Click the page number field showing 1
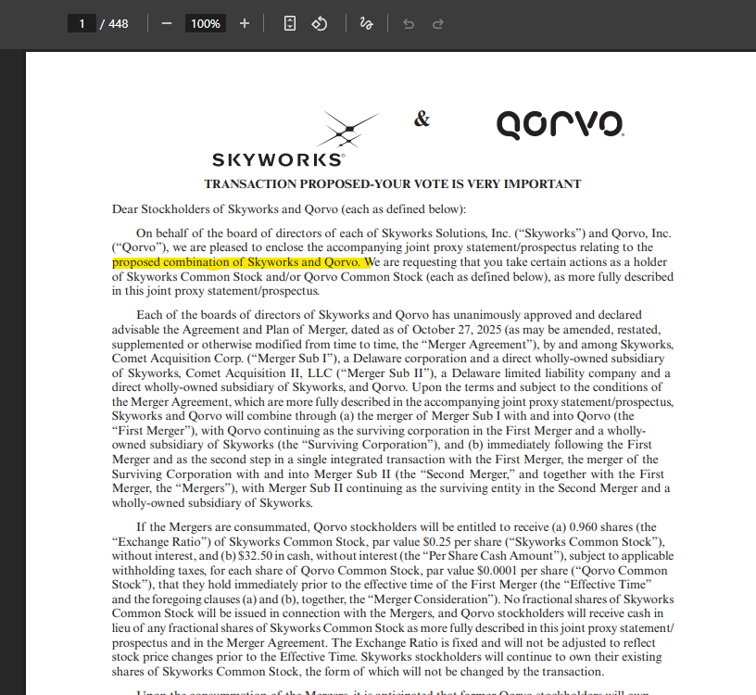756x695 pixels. [x=82, y=23]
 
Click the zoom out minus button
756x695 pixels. [x=167, y=23]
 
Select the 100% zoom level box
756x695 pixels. [x=205, y=23]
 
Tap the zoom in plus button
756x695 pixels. [x=245, y=23]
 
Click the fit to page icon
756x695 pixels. [x=290, y=23]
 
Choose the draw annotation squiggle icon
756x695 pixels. [x=366, y=23]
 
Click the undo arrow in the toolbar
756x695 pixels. [x=409, y=23]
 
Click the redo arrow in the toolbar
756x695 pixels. [x=438, y=23]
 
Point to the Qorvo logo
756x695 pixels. [x=560, y=124]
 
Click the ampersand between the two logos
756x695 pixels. [x=422, y=119]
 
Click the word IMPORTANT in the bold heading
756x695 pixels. [x=541, y=183]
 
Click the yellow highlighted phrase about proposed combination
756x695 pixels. [x=236, y=262]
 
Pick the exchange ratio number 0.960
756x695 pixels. [x=600, y=527]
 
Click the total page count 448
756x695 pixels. [x=119, y=23]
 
